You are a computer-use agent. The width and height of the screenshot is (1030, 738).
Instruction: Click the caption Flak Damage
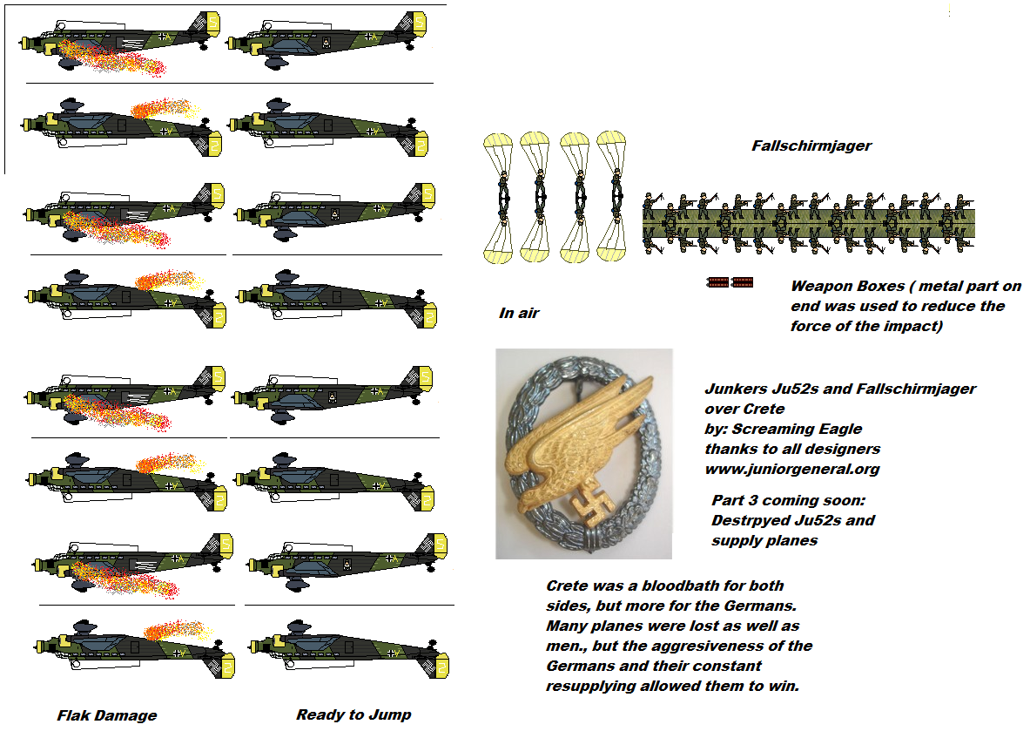[x=106, y=715]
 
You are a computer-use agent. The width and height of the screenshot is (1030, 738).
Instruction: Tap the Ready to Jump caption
[x=353, y=714]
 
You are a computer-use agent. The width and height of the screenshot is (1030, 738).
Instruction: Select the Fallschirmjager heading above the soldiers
[x=811, y=146]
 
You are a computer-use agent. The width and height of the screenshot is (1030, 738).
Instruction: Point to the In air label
[x=519, y=313]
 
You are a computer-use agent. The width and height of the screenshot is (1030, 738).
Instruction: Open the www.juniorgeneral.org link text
[x=791, y=469]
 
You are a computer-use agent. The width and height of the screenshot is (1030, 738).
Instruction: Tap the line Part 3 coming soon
[x=787, y=500]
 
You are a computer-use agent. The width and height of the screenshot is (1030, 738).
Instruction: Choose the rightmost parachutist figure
[x=616, y=196]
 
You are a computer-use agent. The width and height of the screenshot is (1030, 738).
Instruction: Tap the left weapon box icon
[x=717, y=281]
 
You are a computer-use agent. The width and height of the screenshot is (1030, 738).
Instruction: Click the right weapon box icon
[x=743, y=281]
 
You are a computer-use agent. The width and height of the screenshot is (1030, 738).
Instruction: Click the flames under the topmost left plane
[x=113, y=62]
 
